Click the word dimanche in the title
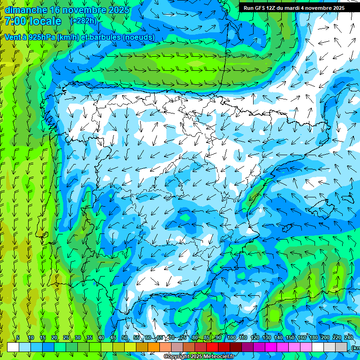[26, 10]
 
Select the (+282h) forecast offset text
[83, 21]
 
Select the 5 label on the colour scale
[18, 337]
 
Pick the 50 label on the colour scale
[125, 337]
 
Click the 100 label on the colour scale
[232, 337]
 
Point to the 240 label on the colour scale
[349, 337]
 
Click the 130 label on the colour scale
[267, 337]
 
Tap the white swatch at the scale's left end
[13, 347]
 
